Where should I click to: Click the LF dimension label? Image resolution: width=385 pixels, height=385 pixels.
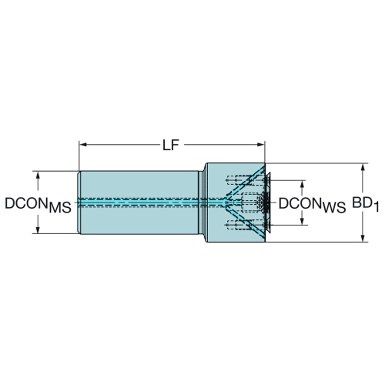pos(171,146)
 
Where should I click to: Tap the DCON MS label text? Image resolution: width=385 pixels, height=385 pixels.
pos(38,205)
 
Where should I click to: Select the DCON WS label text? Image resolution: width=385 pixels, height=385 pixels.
pos(312,205)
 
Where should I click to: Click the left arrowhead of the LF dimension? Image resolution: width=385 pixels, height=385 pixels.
pos(83,145)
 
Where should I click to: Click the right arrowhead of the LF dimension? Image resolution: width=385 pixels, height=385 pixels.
pos(261,145)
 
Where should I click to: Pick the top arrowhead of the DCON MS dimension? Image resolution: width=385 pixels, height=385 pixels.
pos(38,176)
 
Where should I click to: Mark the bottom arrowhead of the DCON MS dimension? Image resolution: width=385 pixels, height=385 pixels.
pos(38,229)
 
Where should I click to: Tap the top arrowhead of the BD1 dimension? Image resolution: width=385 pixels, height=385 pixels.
pos(363,167)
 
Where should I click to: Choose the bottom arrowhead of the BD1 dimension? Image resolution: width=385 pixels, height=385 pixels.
pos(363,238)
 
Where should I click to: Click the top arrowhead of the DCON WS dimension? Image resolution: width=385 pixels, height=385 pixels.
pos(303,184)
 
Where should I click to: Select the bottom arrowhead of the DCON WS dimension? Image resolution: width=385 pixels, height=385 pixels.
pos(303,221)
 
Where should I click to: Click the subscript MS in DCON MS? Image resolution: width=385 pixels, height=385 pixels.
pos(60,207)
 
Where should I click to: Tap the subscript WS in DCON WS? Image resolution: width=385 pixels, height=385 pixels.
pos(334,207)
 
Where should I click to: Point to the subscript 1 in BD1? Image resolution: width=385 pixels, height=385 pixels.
pos(376,207)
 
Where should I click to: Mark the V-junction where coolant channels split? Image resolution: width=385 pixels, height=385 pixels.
pos(225,203)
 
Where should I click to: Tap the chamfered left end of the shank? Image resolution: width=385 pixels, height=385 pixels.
pos(79,203)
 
